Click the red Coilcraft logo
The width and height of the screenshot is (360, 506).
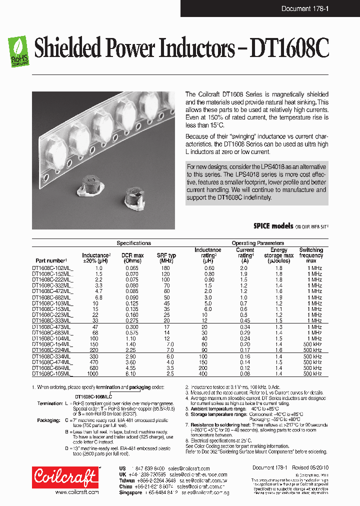pyautogui.click(x=65, y=477)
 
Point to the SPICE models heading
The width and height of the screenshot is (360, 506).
pyautogui.click(x=273, y=226)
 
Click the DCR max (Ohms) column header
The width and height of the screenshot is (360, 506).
pyautogui.click(x=132, y=258)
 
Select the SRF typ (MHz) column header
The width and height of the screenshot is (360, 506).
pyautogui.click(x=166, y=258)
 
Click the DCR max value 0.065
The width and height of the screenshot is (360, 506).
pyautogui.click(x=132, y=268)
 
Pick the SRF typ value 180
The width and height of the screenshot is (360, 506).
pyautogui.click(x=166, y=268)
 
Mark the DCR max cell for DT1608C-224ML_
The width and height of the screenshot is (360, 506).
pyautogui.click(x=132, y=350)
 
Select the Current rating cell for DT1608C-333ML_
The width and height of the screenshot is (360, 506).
pyautogui.click(x=245, y=320)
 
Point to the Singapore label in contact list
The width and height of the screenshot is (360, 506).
pyautogui.click(x=130, y=492)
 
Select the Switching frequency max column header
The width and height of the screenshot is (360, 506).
pyautogui.click(x=311, y=255)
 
